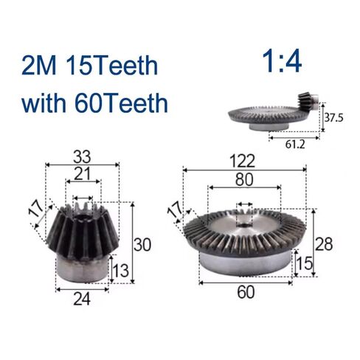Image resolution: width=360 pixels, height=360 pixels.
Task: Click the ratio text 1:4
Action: (281, 62)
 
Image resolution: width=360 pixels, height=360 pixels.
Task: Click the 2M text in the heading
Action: (42, 66)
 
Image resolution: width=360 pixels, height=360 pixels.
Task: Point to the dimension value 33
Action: (82, 156)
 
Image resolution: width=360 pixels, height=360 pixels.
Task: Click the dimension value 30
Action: (145, 243)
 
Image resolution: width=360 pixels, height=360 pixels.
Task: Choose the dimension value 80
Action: (244, 179)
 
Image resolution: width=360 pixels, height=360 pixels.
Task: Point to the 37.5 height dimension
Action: (335, 117)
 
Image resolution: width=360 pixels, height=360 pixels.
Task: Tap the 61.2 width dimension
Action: (295, 144)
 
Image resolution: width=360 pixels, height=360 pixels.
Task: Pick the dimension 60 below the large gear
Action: (245, 291)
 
